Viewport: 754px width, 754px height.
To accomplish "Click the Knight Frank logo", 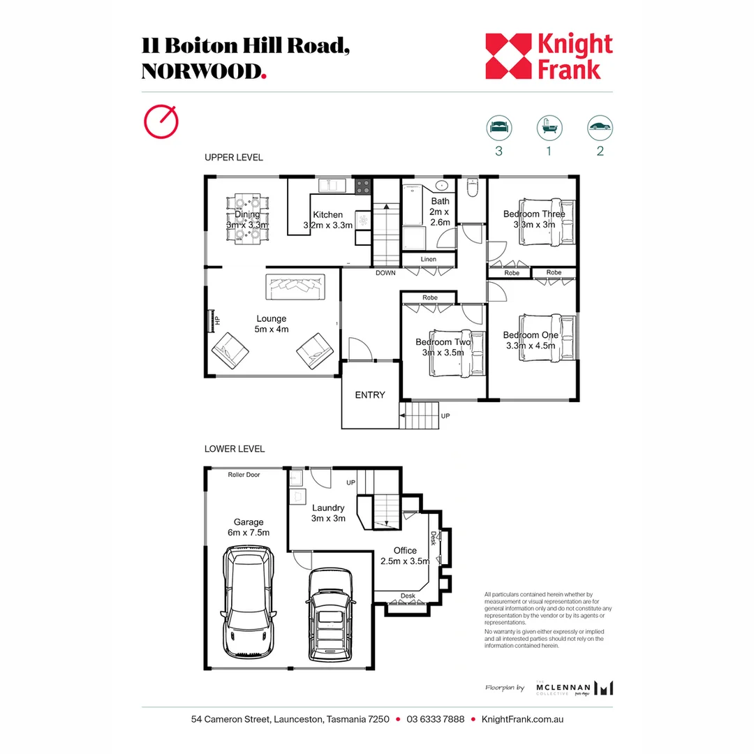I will tap(549, 56).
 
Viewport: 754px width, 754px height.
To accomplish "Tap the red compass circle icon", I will tap(160, 121).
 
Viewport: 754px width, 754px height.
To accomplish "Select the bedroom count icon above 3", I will tap(498, 127).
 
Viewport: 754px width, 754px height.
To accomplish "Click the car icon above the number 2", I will tap(600, 127).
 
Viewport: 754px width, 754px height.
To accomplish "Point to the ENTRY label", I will tap(370, 395).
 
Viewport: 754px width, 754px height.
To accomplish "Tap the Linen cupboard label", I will tap(428, 260).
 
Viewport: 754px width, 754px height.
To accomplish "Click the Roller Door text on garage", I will tap(244, 475).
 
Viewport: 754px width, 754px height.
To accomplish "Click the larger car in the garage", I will tap(247, 602).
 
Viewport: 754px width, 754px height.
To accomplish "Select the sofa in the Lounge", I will tap(295, 286).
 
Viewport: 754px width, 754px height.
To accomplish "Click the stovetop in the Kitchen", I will tap(363, 186).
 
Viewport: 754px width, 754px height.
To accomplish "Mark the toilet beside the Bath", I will tap(471, 188).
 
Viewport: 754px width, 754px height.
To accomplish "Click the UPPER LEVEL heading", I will tap(233, 158).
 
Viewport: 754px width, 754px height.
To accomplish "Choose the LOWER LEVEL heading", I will tap(234, 449).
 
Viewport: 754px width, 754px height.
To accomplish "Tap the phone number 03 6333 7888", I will tap(435, 720).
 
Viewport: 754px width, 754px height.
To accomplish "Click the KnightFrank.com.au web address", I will tap(523, 720).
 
